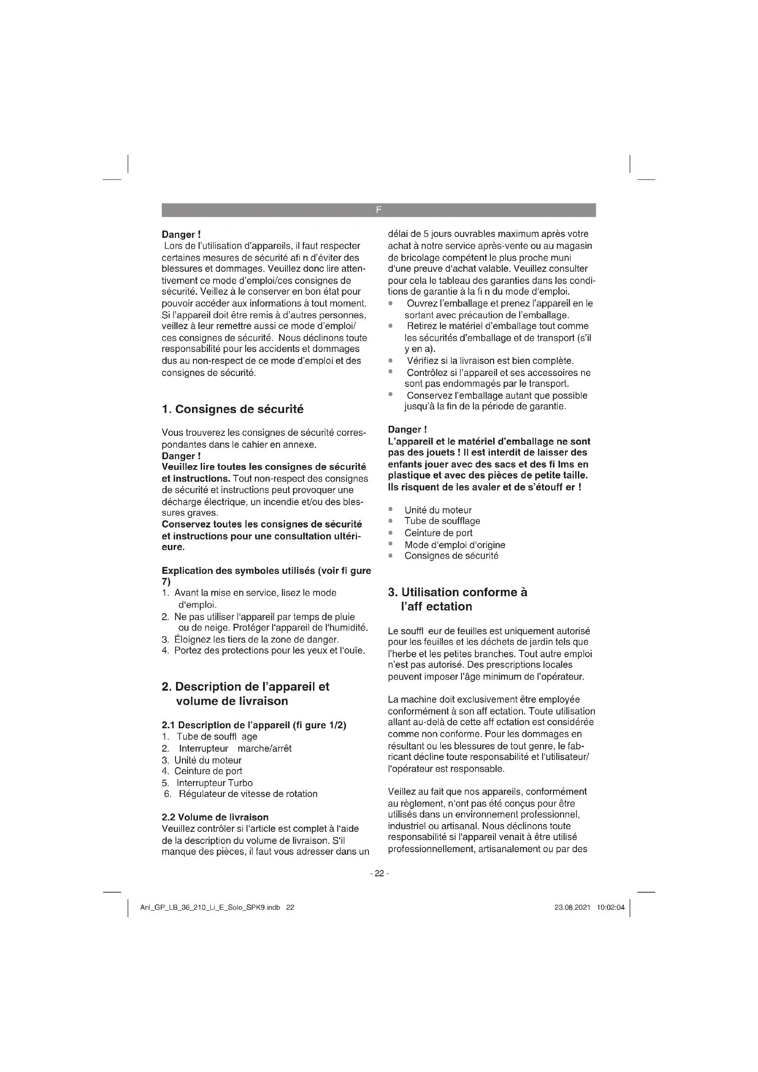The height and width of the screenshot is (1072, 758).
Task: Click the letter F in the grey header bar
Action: click(x=379, y=210)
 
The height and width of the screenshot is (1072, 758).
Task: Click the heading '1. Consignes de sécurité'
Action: click(x=232, y=409)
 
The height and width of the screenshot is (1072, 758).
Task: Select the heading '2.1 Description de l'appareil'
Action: click(x=254, y=725)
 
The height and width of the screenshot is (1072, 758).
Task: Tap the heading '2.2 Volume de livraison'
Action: click(x=215, y=817)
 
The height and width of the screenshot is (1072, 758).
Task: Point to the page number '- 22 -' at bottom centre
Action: click(x=379, y=873)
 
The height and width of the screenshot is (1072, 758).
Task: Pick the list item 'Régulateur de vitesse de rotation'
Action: click(x=248, y=794)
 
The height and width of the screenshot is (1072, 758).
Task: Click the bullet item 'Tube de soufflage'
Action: click(x=442, y=521)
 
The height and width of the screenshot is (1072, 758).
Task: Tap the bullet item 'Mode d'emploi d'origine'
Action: click(x=455, y=545)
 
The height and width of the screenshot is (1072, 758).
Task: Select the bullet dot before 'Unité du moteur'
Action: click(x=390, y=509)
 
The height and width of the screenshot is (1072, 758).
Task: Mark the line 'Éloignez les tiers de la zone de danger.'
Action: click(x=256, y=639)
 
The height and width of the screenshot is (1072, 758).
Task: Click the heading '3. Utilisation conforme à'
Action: click(x=457, y=592)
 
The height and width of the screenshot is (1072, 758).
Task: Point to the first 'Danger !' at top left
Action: click(x=181, y=234)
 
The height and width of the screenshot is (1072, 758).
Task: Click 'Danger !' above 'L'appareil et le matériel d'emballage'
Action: click(x=407, y=429)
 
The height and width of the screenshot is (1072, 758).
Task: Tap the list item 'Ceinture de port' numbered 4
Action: click(x=208, y=771)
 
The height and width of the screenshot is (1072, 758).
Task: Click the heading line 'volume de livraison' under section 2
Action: click(x=232, y=701)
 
